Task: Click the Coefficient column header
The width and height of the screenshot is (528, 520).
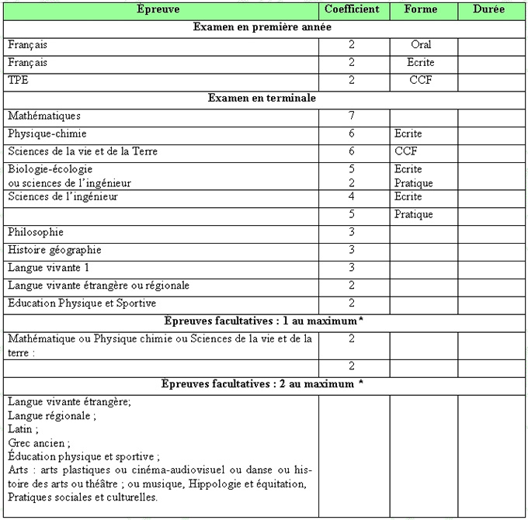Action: [352, 9]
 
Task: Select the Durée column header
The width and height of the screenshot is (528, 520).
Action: [488, 9]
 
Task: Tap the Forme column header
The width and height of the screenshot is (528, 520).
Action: [421, 9]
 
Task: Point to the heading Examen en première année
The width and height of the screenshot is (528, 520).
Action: [262, 27]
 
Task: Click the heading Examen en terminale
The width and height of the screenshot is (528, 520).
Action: [262, 99]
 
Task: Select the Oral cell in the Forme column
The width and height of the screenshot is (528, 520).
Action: [421, 45]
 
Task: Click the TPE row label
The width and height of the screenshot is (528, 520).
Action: [18, 80]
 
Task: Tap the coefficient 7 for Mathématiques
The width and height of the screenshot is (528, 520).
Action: [352, 116]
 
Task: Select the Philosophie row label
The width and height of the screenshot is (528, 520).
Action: [36, 232]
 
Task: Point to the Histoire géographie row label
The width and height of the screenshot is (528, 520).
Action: [54, 250]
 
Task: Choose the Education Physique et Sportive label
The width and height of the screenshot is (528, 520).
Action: [82, 303]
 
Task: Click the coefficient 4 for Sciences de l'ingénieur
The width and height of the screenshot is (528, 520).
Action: [352, 197]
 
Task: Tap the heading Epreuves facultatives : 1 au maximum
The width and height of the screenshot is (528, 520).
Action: [262, 321]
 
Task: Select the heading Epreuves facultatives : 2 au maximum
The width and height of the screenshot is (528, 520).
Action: [262, 383]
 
